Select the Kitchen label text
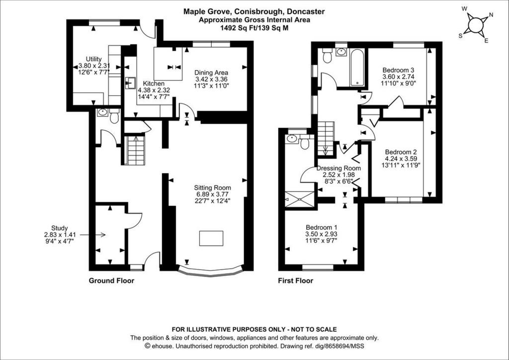(154, 84)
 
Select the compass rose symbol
(476, 25)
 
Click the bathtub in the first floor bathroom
(357, 67)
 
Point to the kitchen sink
(131, 83)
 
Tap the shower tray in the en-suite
(299, 199)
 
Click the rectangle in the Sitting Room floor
(211, 238)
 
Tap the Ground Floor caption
(111, 280)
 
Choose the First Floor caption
(295, 280)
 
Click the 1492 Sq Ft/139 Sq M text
(254, 28)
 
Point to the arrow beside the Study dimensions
(92, 235)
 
